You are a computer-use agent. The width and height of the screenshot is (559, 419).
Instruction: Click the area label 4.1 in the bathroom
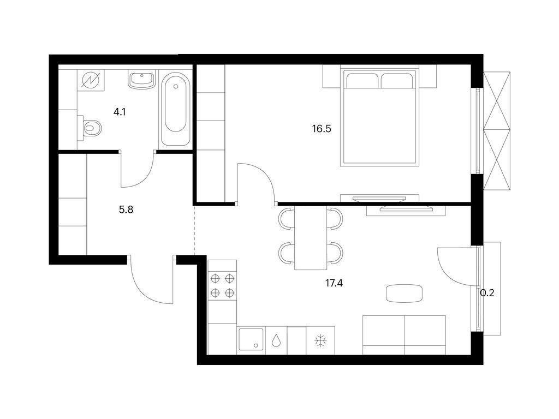click(119, 113)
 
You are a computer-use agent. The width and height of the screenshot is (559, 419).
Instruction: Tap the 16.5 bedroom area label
click(322, 129)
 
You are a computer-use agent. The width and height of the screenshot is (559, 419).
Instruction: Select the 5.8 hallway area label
click(126, 208)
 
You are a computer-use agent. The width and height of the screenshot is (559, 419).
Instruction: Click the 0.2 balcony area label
click(487, 293)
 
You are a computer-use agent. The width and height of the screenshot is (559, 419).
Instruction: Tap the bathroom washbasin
click(142, 80)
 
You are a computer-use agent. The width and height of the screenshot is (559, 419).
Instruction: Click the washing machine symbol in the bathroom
click(89, 81)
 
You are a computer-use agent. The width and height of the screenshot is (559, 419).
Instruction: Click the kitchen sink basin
click(251, 340)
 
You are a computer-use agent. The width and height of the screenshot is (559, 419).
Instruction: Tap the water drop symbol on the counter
click(277, 341)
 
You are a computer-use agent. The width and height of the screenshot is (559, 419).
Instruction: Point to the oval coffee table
click(404, 294)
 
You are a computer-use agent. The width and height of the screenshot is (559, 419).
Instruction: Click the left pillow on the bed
click(361, 81)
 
